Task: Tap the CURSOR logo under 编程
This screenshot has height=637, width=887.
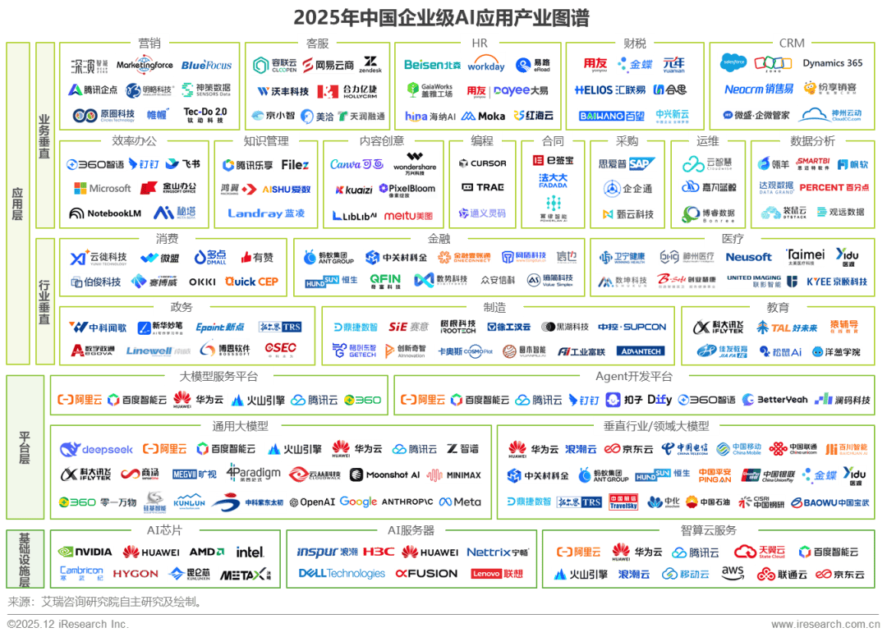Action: (x=483, y=163)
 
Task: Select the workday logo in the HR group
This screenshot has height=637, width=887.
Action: (x=486, y=65)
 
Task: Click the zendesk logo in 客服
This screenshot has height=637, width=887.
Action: (x=370, y=65)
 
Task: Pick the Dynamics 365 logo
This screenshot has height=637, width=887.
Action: (x=833, y=63)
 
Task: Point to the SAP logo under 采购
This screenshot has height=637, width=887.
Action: (x=642, y=163)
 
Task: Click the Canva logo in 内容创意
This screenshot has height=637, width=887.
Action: (x=356, y=164)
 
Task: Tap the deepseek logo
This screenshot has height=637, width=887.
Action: (x=96, y=450)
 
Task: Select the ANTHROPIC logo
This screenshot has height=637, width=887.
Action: (x=407, y=502)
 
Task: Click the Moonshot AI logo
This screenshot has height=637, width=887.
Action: (x=384, y=474)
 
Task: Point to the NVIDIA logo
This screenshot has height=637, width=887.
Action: (x=85, y=552)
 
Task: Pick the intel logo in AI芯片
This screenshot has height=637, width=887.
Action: (x=250, y=552)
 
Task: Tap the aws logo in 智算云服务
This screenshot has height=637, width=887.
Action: (x=733, y=572)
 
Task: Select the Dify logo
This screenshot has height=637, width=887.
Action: (x=660, y=400)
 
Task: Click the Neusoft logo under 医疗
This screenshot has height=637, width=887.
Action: (x=748, y=257)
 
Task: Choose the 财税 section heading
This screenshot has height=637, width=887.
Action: (x=630, y=43)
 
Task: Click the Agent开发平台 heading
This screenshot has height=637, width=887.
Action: (x=634, y=377)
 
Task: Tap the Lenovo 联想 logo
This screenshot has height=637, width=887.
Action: (x=497, y=574)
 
